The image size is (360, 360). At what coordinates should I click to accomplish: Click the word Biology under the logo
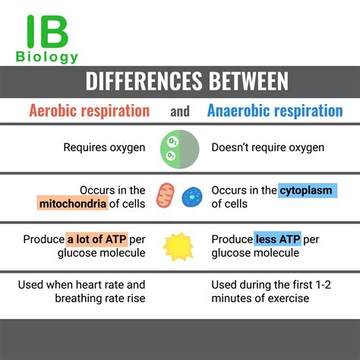click(46, 58)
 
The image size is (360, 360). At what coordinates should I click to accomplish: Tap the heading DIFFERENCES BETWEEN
click(179, 81)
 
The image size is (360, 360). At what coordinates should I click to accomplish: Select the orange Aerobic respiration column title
click(89, 111)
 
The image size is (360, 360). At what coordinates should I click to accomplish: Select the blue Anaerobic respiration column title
click(274, 111)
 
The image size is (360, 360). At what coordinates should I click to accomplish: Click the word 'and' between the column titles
click(180, 112)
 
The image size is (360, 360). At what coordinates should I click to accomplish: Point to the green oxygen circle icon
click(179, 148)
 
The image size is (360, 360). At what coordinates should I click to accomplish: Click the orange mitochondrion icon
click(166, 196)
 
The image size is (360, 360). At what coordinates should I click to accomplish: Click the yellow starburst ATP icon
click(180, 246)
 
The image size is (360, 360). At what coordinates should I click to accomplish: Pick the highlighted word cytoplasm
click(305, 190)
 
